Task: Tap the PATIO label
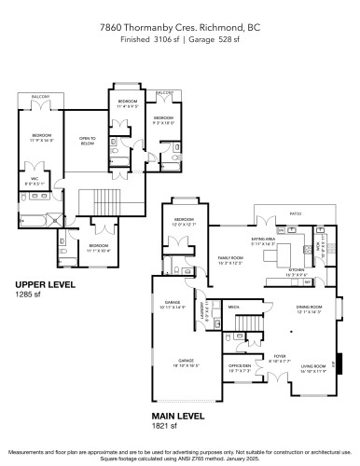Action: tap(296, 213)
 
